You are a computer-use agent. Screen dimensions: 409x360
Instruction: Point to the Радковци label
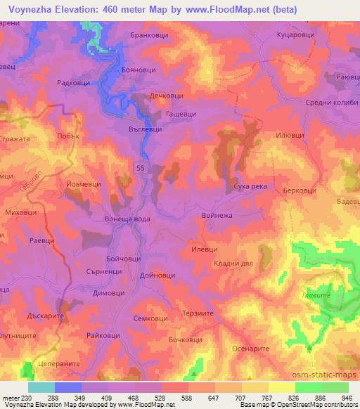pos(72,82)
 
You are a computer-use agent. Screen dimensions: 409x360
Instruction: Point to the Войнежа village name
pos(217,218)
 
